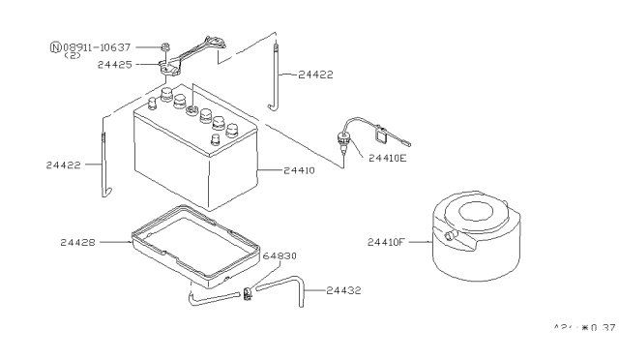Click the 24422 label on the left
(65, 165)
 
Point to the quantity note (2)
(73, 55)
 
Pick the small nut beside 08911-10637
(165, 45)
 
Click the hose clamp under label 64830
(249, 291)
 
